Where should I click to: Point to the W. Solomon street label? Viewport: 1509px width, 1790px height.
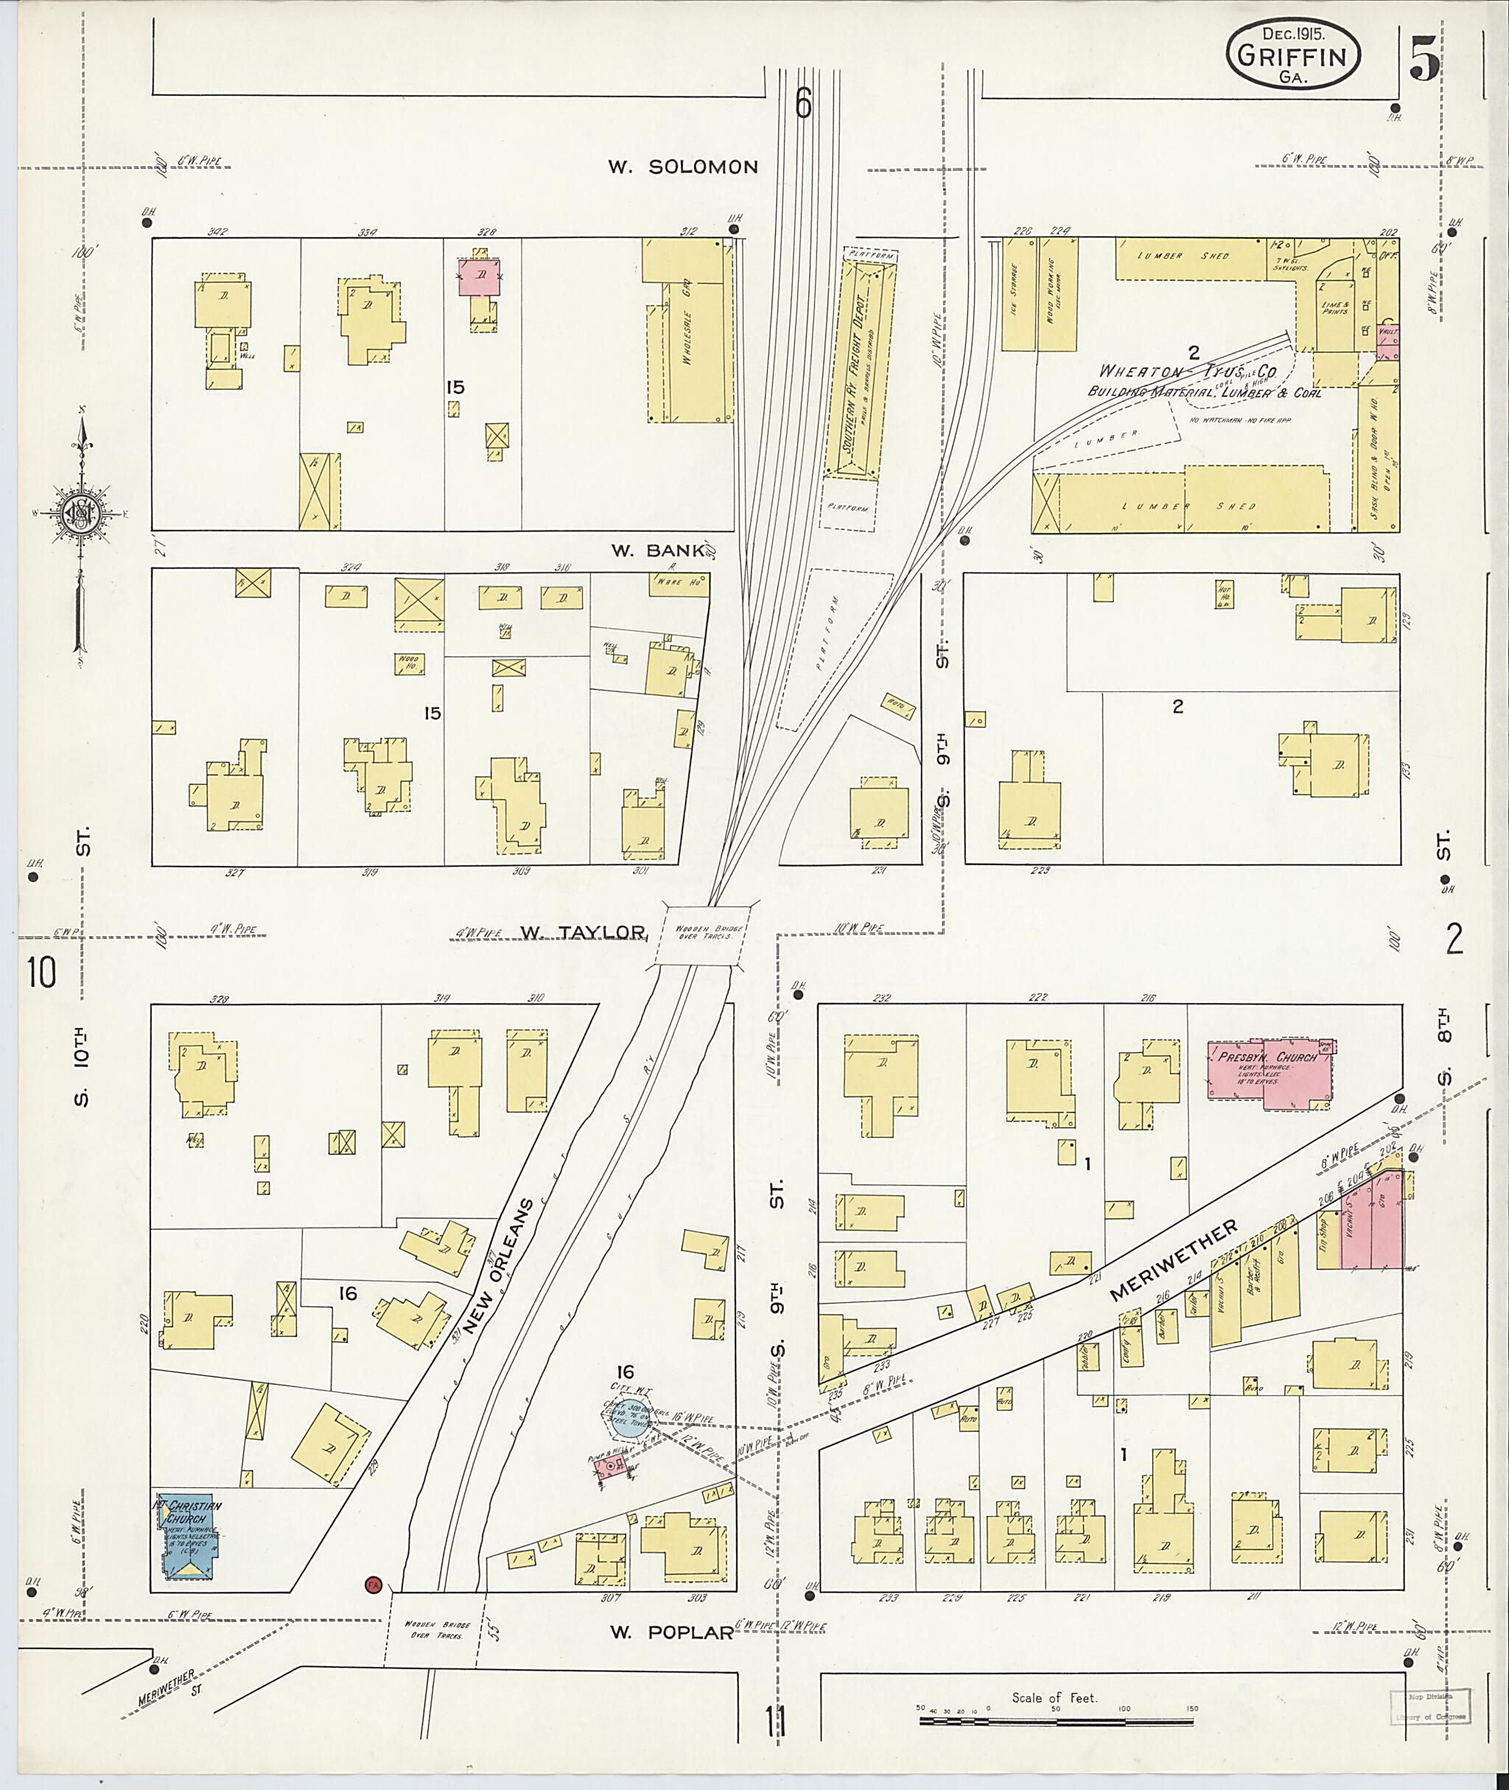point(682,167)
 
